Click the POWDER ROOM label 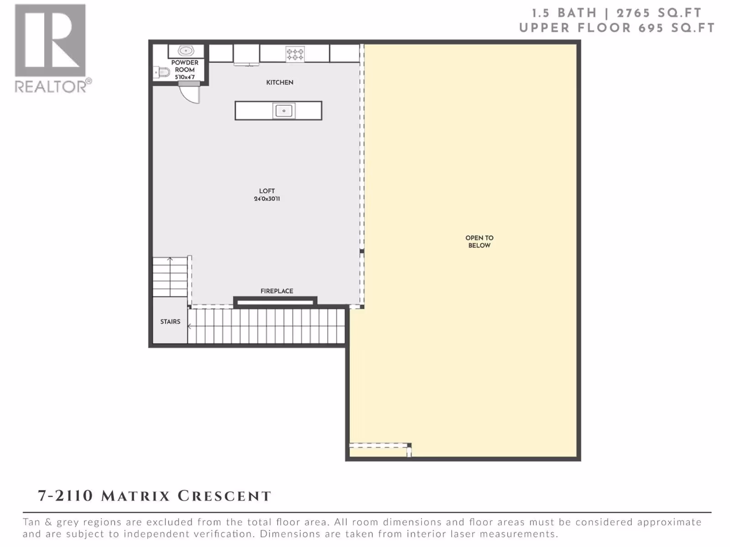tap(185, 66)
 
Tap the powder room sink tap(186, 51)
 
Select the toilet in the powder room tap(162, 72)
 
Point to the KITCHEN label tap(280, 83)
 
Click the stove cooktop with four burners tap(295, 54)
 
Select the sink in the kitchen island tap(284, 111)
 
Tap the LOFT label tap(267, 191)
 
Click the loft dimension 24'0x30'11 tap(267, 199)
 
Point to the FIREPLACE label tap(276, 291)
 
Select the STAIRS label tap(170, 321)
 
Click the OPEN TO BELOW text tap(479, 242)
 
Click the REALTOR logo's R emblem tap(50, 41)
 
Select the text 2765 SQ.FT tap(659, 13)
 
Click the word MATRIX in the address tap(136, 496)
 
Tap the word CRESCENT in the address tap(224, 496)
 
